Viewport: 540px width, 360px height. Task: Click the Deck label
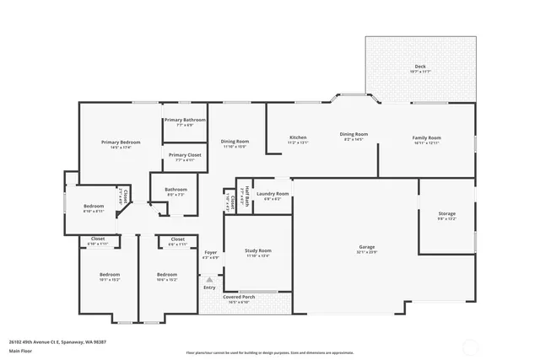(x=419, y=67)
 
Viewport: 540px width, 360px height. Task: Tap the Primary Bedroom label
(x=121, y=142)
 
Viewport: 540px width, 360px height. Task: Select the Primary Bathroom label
(x=185, y=121)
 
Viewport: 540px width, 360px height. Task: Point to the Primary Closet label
(x=184, y=155)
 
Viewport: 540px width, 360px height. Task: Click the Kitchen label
(x=298, y=137)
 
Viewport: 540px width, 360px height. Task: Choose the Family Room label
(x=427, y=137)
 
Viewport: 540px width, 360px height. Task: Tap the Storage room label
(x=446, y=213)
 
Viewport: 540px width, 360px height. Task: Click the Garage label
(x=366, y=247)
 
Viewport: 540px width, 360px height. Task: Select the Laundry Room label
(x=273, y=194)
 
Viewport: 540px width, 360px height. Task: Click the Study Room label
(x=258, y=250)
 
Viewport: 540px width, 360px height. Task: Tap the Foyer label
(x=210, y=252)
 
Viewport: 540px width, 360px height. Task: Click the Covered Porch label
(x=239, y=297)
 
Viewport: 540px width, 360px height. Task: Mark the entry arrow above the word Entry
(x=209, y=279)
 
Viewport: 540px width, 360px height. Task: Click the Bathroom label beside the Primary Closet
(x=175, y=190)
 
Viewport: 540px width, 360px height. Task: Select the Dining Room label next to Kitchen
(x=354, y=135)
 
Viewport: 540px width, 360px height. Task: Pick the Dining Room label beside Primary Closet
(x=235, y=142)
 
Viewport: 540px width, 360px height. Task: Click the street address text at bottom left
(x=59, y=342)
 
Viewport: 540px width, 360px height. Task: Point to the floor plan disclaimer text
(x=269, y=353)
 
